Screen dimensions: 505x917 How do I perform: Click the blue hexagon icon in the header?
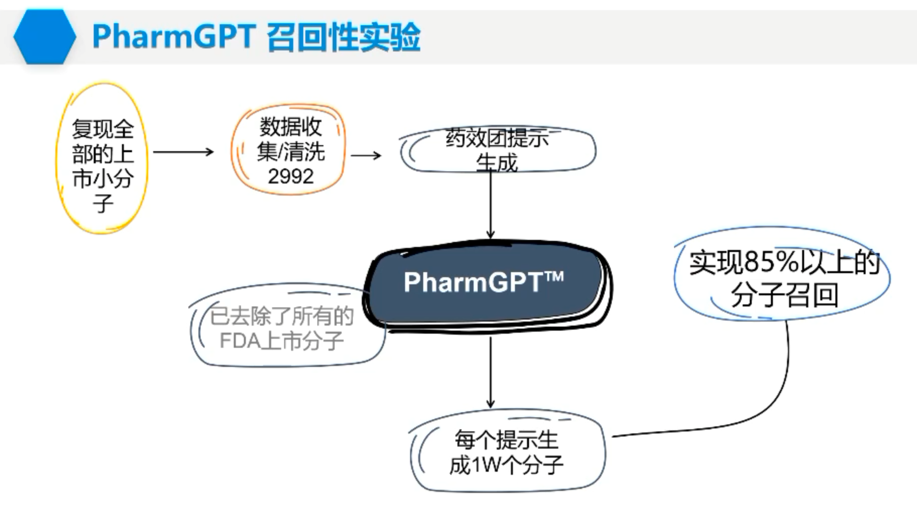click(x=44, y=36)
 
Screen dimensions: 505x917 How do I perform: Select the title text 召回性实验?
click(x=343, y=36)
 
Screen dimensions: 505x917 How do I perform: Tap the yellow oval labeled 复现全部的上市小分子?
click(x=102, y=159)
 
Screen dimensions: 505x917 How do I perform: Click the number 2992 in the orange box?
click(x=290, y=176)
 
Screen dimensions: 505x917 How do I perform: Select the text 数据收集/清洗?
click(x=290, y=139)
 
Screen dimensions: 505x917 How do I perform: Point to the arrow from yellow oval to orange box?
click(x=183, y=152)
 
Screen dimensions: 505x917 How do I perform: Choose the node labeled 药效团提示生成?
click(x=497, y=150)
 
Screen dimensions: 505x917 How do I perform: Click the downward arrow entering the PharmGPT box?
click(x=490, y=207)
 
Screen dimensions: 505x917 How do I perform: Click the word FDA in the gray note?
click(x=240, y=341)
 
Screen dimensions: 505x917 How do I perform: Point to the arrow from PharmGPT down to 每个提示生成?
click(x=490, y=373)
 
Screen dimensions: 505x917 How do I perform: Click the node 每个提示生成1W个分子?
click(x=506, y=453)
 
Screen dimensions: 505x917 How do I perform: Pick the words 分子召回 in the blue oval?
click(x=784, y=295)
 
